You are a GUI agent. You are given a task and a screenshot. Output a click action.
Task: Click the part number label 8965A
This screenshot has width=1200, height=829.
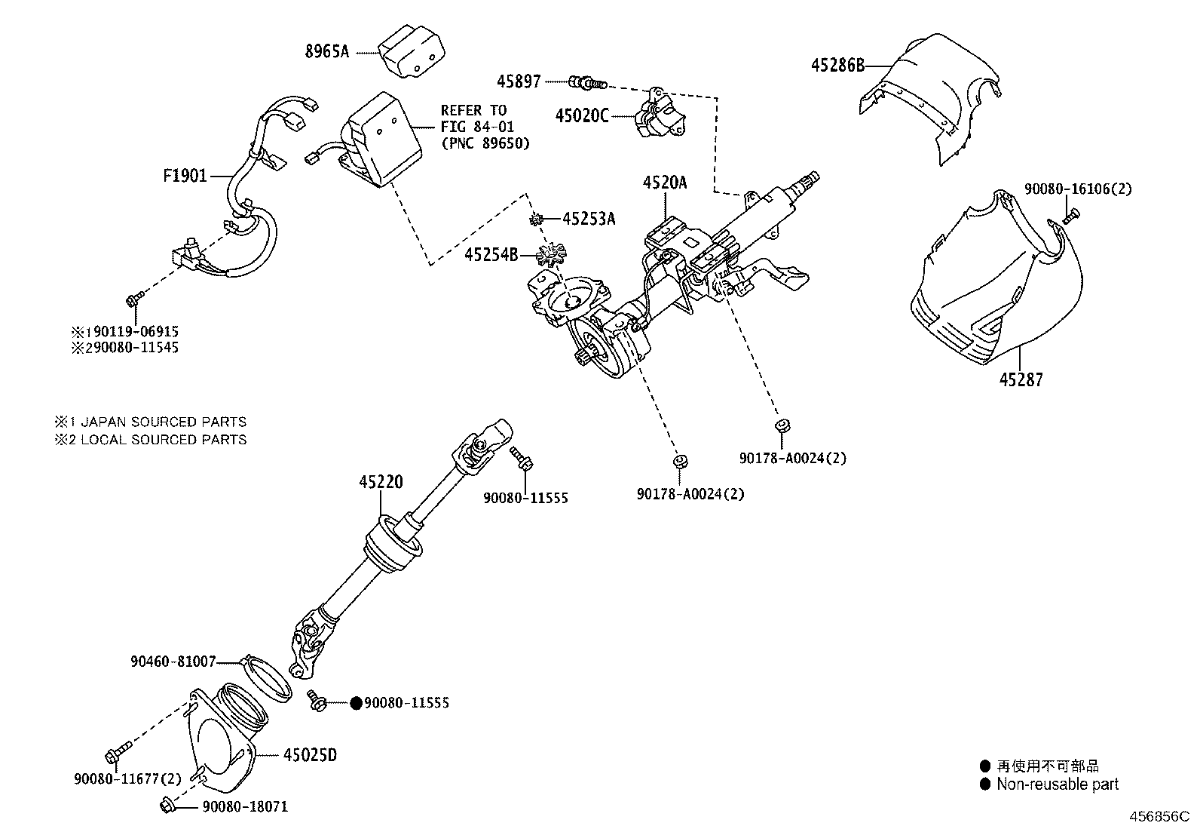(327, 52)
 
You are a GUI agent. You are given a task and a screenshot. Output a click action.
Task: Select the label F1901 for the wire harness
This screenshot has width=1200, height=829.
(185, 177)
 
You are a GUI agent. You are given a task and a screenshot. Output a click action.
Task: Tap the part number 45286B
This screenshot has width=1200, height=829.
(837, 65)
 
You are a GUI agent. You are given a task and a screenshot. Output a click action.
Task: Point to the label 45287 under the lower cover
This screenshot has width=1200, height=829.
(1021, 379)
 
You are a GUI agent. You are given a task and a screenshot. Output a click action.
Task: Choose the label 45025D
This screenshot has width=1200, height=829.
(310, 754)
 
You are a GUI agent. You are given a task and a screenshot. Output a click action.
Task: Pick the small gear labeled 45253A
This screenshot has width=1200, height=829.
(537, 220)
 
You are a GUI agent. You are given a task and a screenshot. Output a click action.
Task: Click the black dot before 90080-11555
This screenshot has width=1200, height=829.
(356, 703)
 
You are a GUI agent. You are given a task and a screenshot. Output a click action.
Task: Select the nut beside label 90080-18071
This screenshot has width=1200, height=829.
(167, 806)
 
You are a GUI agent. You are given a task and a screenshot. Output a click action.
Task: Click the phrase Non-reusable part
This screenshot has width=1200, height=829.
(1057, 784)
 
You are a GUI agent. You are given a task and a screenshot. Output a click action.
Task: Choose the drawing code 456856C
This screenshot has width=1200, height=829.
(1158, 817)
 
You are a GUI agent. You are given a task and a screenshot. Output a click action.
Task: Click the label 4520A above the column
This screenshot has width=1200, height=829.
(665, 182)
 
